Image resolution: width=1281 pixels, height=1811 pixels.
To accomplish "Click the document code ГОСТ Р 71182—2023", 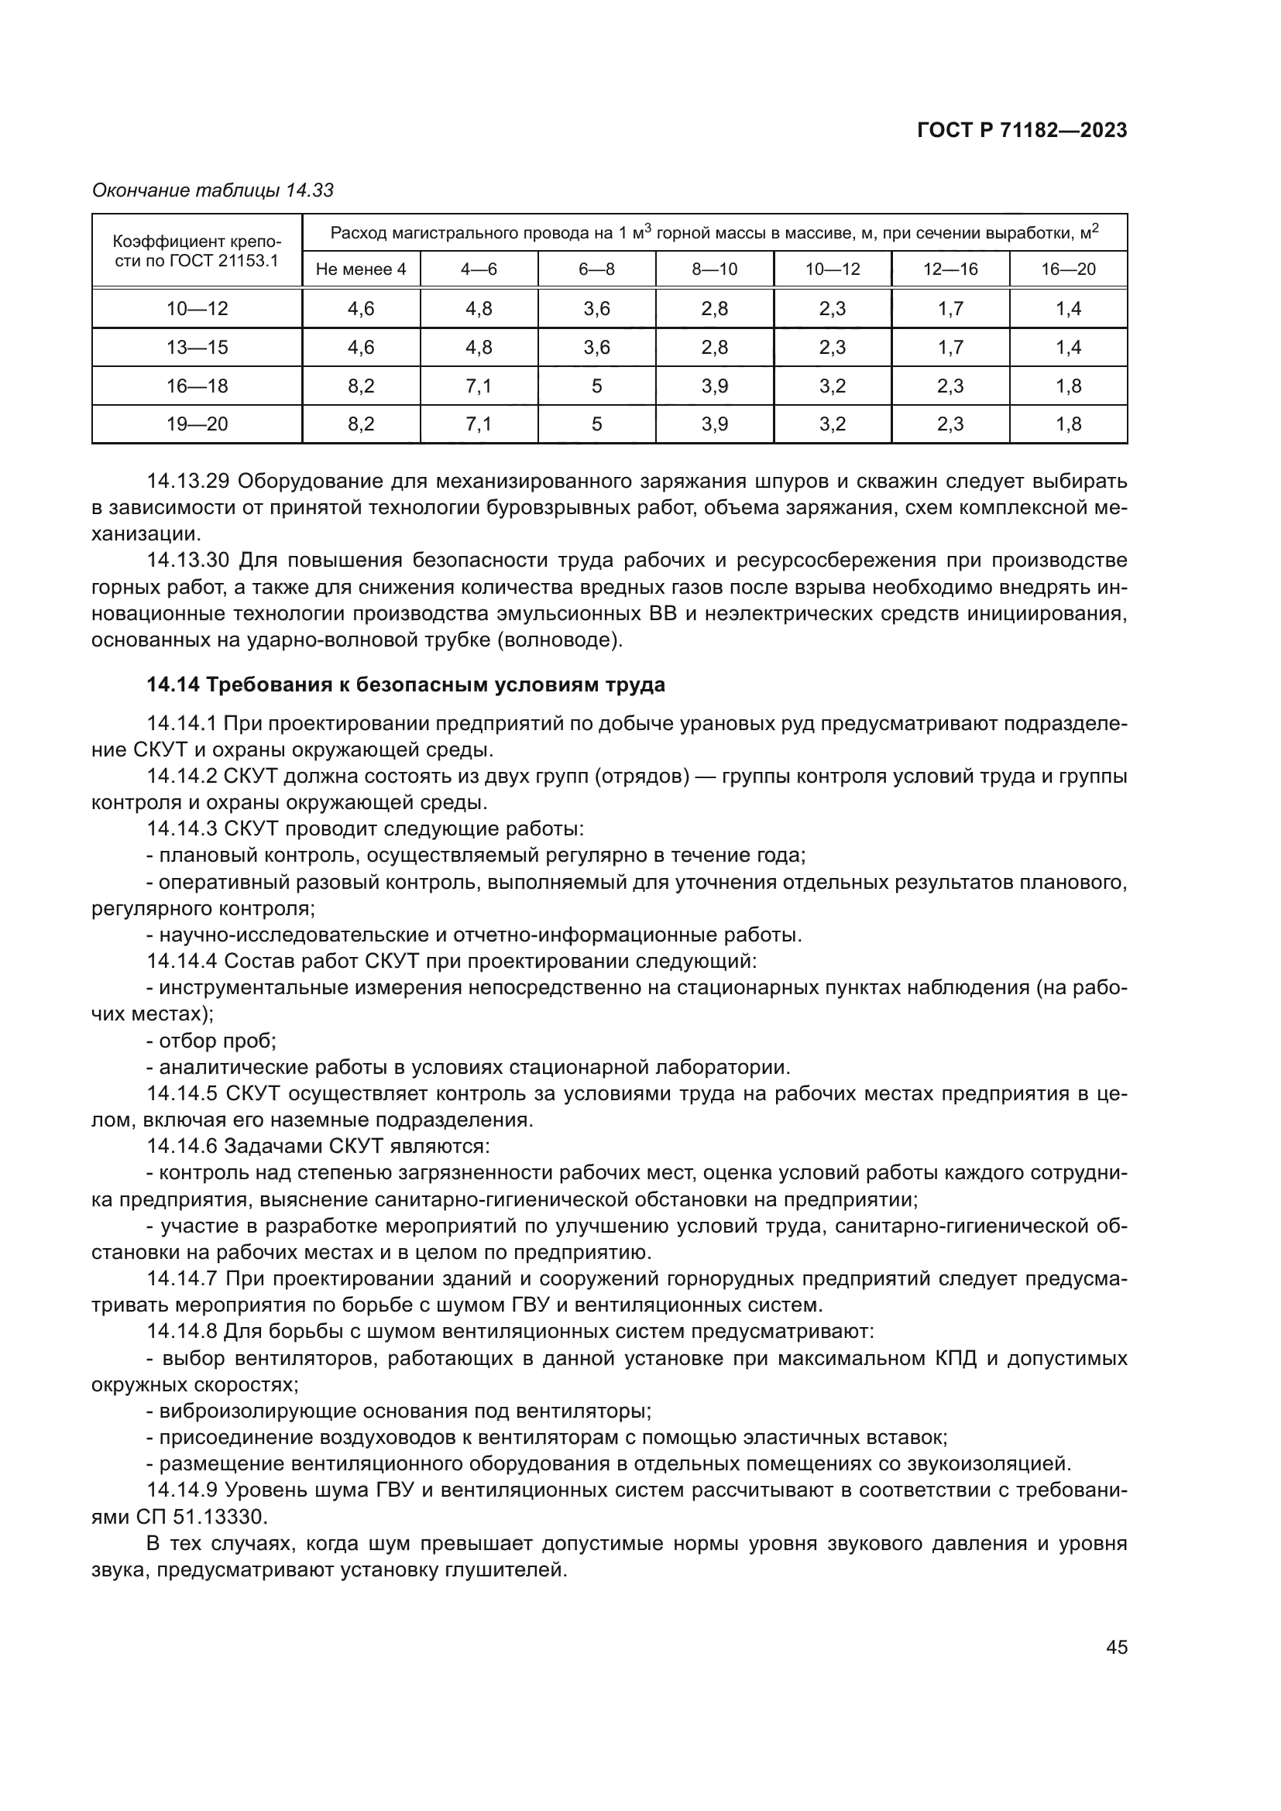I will [x=1022, y=131].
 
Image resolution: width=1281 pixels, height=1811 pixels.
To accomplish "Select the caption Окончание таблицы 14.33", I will [x=213, y=190].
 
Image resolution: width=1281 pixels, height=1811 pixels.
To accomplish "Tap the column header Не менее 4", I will [x=360, y=269].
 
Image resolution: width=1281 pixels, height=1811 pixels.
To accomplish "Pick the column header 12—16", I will [x=950, y=269].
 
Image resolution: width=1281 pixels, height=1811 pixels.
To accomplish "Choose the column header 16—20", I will [x=1068, y=269].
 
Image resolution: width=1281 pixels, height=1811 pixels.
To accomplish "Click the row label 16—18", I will [x=197, y=386].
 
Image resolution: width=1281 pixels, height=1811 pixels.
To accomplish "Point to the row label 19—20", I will [x=197, y=424].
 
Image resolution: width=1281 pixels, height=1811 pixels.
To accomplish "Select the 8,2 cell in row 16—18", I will [x=360, y=386].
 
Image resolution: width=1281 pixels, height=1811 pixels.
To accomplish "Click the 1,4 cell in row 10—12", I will [x=1068, y=308].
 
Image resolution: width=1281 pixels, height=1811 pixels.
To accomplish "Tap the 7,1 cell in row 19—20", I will [x=479, y=424].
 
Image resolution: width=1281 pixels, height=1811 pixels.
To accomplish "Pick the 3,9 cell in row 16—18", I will [x=715, y=386].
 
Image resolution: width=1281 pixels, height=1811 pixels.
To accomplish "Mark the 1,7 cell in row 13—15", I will [x=950, y=347].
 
